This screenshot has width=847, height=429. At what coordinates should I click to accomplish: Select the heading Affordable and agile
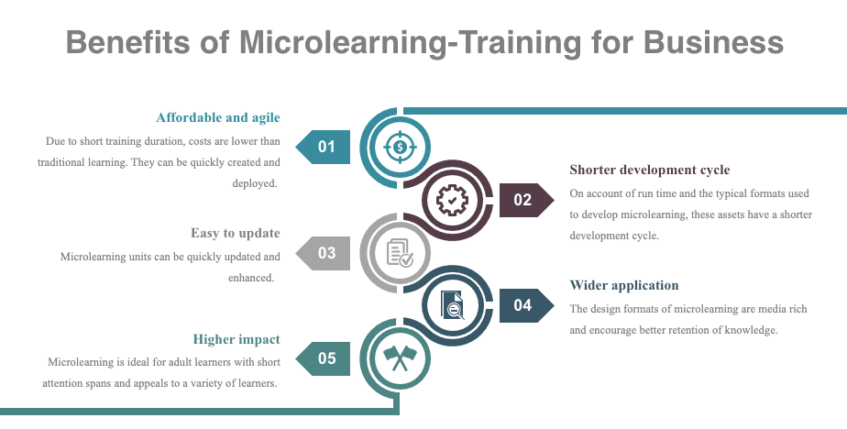[x=218, y=117]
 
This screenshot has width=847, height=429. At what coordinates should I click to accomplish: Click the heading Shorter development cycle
[x=649, y=170]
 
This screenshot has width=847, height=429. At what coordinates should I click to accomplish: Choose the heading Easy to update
[x=236, y=233]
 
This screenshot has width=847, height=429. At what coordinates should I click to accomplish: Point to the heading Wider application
[x=624, y=285]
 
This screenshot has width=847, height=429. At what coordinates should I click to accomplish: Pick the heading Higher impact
[x=236, y=338]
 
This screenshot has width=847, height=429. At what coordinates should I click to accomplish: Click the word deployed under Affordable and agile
[x=254, y=183]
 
